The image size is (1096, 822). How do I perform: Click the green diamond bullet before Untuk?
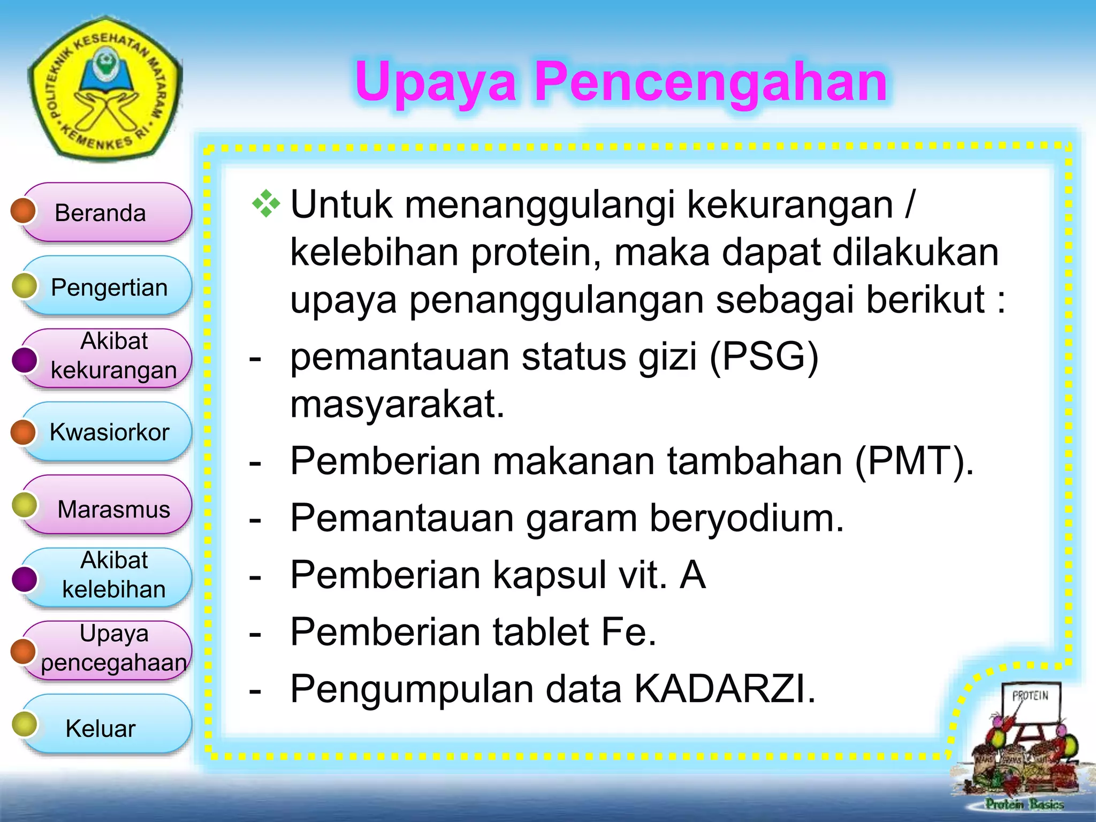tap(266, 204)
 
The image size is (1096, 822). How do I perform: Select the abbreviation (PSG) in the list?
tap(764, 357)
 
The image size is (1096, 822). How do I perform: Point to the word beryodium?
tap(746, 518)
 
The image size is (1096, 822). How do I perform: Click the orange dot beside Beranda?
tap(23, 210)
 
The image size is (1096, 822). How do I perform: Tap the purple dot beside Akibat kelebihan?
tap(24, 579)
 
